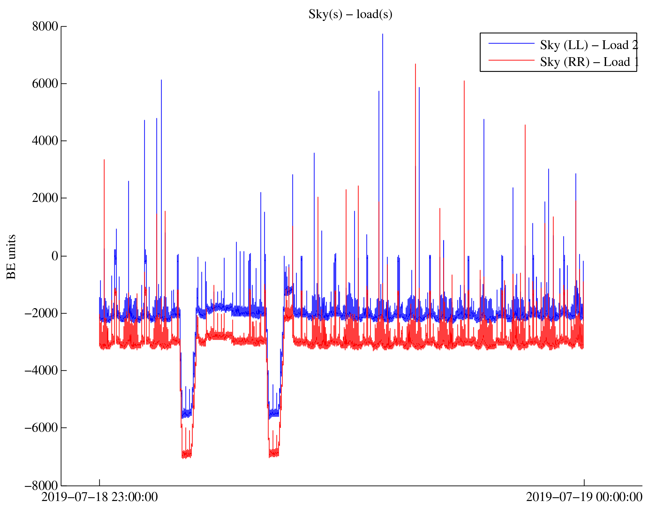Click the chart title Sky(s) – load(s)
tap(350, 14)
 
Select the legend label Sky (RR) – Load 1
tap(589, 62)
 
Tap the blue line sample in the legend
tap(511, 43)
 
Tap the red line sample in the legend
tap(511, 60)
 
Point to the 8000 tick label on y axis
tap(45, 27)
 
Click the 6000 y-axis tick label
tap(45, 84)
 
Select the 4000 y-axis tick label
tap(45, 141)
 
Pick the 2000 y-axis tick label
tap(45, 198)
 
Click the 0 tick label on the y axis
tap(55, 256)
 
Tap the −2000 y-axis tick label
tap(42, 313)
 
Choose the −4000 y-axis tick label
tap(42, 370)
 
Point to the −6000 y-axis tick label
tap(42, 428)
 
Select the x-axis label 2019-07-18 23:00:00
tap(99, 497)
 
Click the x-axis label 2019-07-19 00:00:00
tap(584, 497)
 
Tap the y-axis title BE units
tap(11, 257)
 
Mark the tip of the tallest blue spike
tap(383, 34)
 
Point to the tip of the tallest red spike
tap(415, 64)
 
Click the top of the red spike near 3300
tap(104, 160)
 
